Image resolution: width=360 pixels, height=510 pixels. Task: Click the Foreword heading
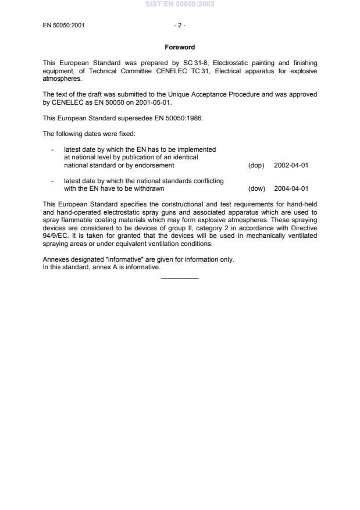point(180,47)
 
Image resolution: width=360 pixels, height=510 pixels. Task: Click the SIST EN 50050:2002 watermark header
point(180,4)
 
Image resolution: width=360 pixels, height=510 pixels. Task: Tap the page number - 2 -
point(180,26)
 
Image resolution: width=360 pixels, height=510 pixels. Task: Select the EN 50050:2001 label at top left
point(64,26)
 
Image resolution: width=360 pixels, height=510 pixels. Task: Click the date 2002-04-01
point(291,165)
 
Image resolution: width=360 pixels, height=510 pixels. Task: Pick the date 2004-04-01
point(291,188)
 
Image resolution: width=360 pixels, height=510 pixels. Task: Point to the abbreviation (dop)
point(256,165)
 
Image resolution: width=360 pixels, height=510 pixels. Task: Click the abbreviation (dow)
point(256,188)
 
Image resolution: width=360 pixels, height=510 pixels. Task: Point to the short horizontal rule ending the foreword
point(180,278)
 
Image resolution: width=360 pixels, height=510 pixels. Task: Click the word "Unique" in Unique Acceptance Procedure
point(170,94)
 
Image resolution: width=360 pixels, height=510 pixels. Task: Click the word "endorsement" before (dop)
point(152,165)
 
